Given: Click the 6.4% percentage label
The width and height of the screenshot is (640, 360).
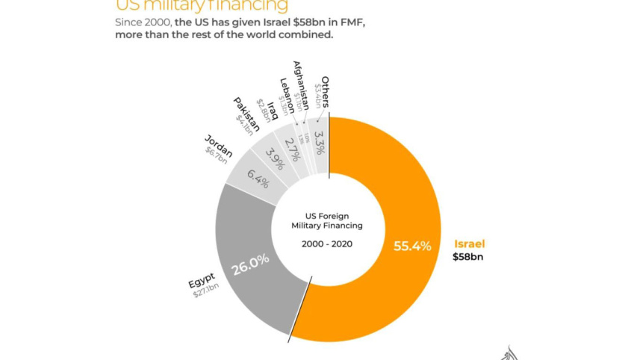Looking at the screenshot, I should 258,179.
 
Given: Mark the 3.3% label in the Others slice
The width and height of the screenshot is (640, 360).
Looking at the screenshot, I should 319,142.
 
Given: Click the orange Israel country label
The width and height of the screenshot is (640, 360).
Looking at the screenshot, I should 470,243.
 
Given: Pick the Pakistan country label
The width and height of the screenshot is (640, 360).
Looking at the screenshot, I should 247,112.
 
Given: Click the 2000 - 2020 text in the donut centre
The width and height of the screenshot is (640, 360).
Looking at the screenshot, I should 327,244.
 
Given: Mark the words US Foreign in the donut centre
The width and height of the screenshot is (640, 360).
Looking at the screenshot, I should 327,213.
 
